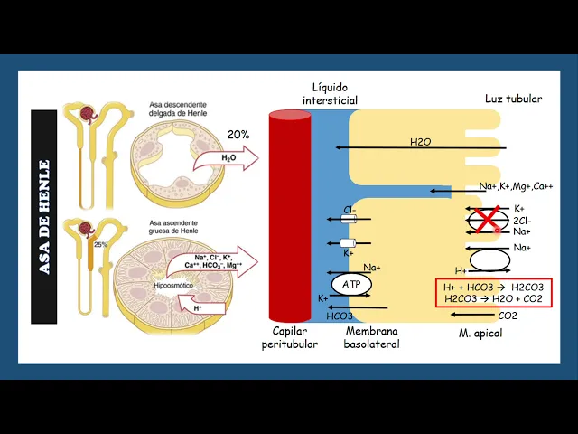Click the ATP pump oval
coord(351,284)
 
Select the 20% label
coord(238,135)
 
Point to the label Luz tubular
coord(513,99)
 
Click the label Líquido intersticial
coord(330,93)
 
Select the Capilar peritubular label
coord(290,338)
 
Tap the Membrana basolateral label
coord(371,338)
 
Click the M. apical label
coord(480,334)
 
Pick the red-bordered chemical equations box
coord(493,293)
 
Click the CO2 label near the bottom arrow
coord(508,316)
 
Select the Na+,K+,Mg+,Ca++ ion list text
coord(516,186)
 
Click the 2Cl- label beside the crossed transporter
coord(521,220)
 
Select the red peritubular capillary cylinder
coord(290,216)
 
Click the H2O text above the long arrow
coord(421,142)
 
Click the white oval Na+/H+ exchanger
coord(488,259)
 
